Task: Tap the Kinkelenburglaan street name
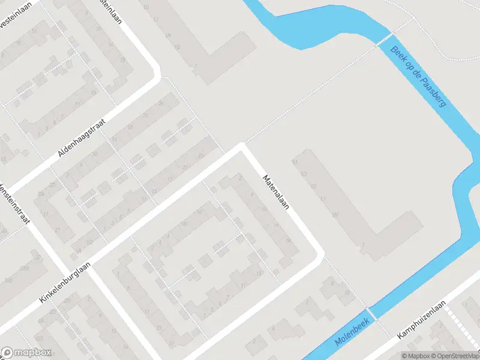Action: pyautogui.click(x=65, y=285)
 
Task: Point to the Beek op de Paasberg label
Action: pyautogui.click(x=418, y=76)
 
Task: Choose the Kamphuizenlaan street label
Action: pyautogui.click(x=424, y=320)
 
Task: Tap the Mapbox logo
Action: pyautogui.click(x=26, y=353)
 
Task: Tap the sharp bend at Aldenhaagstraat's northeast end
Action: pyautogui.click(x=157, y=75)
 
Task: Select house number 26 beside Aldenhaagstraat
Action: pyautogui.click(x=160, y=103)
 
